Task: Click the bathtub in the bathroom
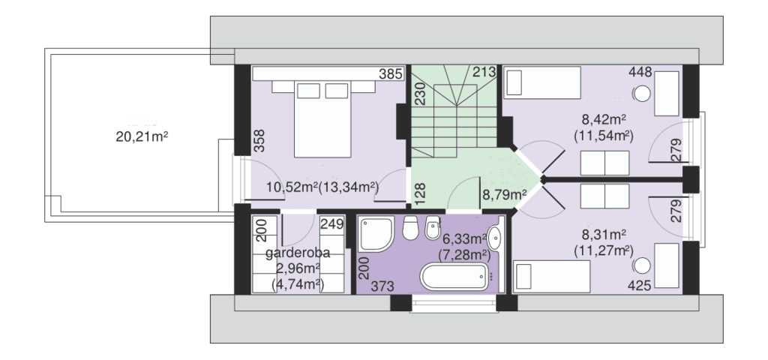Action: point(455,277)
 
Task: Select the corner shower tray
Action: point(376,235)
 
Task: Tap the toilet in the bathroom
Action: point(410,228)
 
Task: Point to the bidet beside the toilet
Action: point(433,228)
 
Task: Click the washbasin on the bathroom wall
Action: point(495,238)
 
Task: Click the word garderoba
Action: point(298,253)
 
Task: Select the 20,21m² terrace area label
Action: point(142,136)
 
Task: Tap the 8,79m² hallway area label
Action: point(505,196)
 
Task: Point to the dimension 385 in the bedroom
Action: point(391,74)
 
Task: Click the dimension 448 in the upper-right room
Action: point(640,73)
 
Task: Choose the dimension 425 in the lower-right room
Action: point(640,285)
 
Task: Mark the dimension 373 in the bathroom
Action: point(382,286)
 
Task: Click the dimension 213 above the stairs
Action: point(484,72)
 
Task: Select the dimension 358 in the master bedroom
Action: point(259,140)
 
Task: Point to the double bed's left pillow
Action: point(308,91)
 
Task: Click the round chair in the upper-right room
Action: point(643,93)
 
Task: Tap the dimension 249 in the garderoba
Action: point(331,223)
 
